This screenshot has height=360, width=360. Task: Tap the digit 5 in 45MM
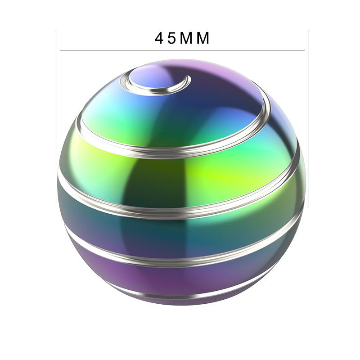[x=171, y=38]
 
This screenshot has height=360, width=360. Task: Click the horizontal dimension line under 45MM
[x=182, y=50]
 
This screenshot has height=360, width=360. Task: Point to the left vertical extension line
[x=56, y=118]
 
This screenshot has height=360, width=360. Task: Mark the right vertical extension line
[x=309, y=118]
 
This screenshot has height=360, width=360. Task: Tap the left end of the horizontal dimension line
[x=60, y=50]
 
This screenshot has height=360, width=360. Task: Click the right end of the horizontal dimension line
[x=305, y=50]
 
